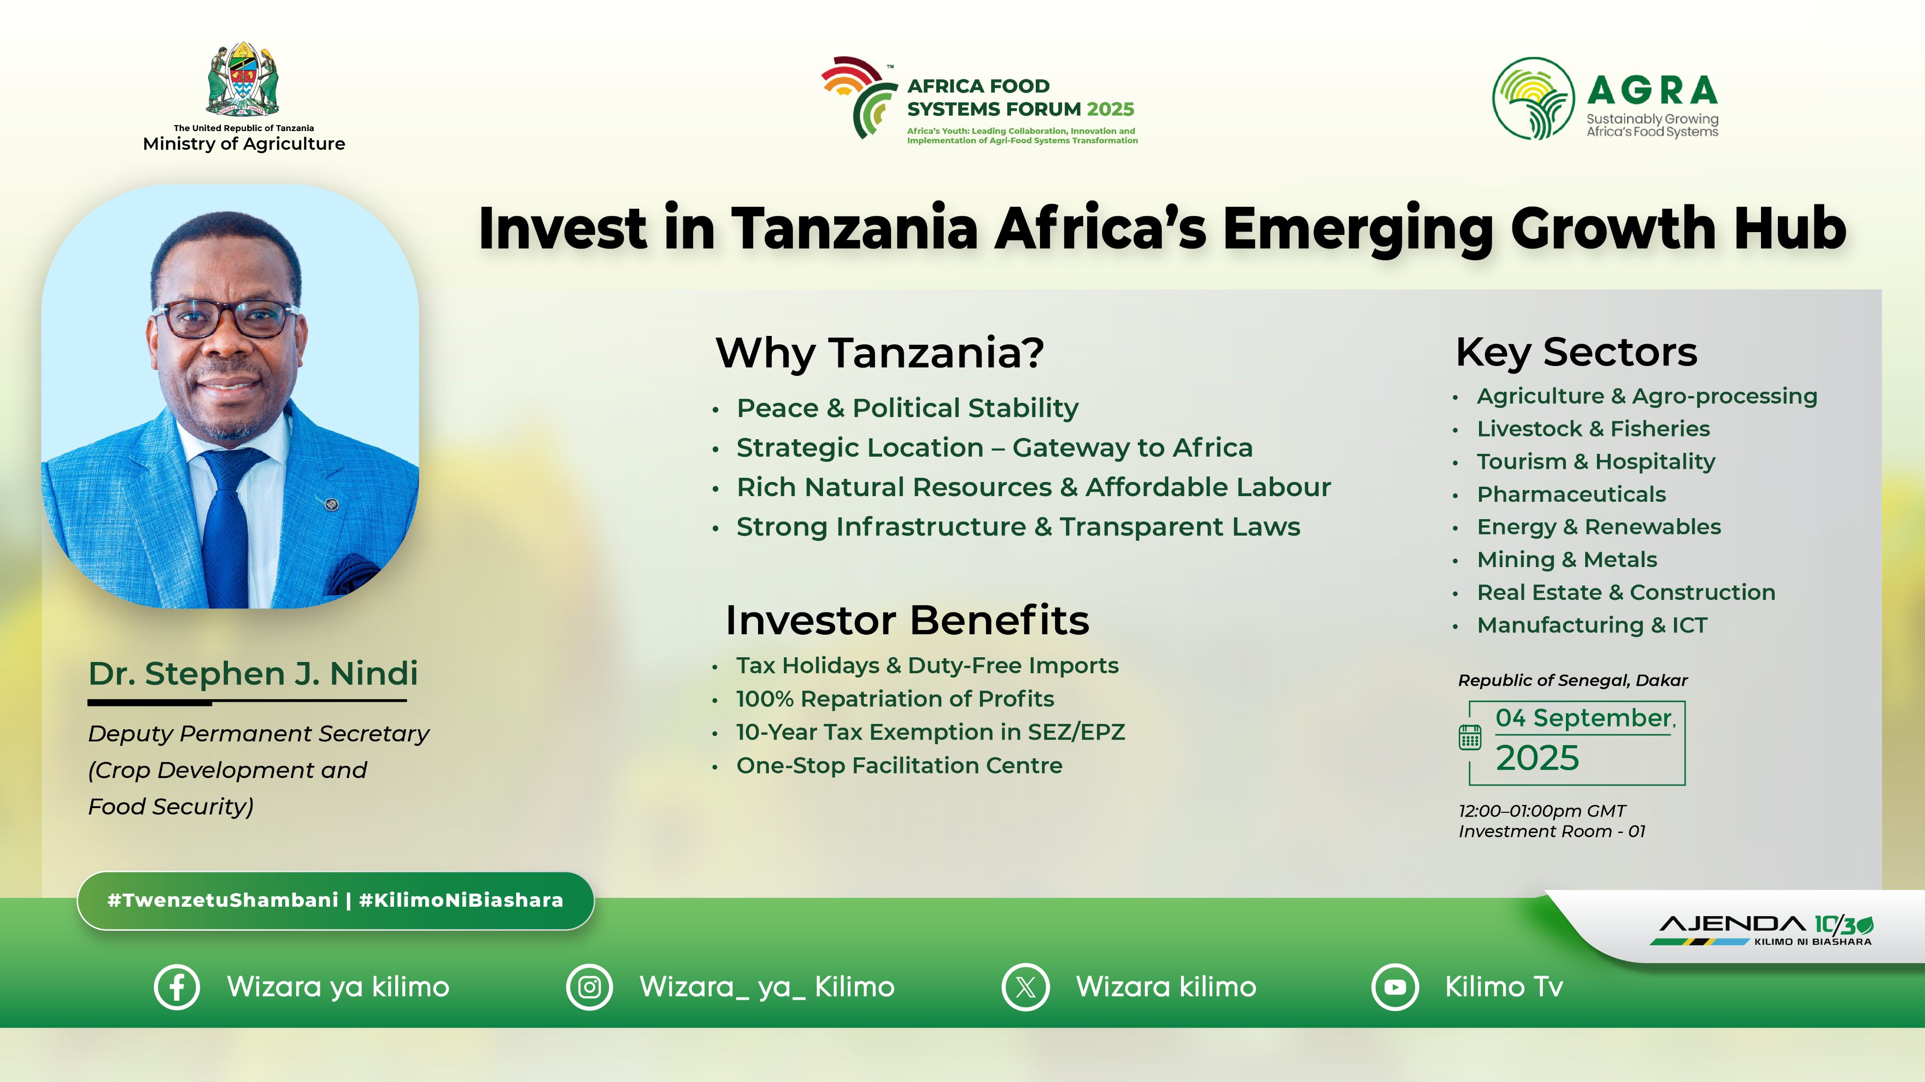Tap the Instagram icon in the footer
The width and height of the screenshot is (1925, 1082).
tap(590, 987)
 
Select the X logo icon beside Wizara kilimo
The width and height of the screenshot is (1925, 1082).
tap(1025, 987)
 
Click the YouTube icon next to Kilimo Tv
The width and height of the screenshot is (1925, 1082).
tap(1394, 987)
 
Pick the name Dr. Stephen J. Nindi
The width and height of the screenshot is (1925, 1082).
tap(252, 674)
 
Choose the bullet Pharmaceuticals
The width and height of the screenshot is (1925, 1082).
tap(1571, 495)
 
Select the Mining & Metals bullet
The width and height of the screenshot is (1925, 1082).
tap(1566, 560)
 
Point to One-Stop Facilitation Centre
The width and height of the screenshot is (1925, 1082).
tap(899, 766)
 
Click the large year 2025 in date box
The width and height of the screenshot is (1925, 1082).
tap(1537, 758)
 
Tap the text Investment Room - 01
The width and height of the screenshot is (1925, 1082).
tap(1551, 832)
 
